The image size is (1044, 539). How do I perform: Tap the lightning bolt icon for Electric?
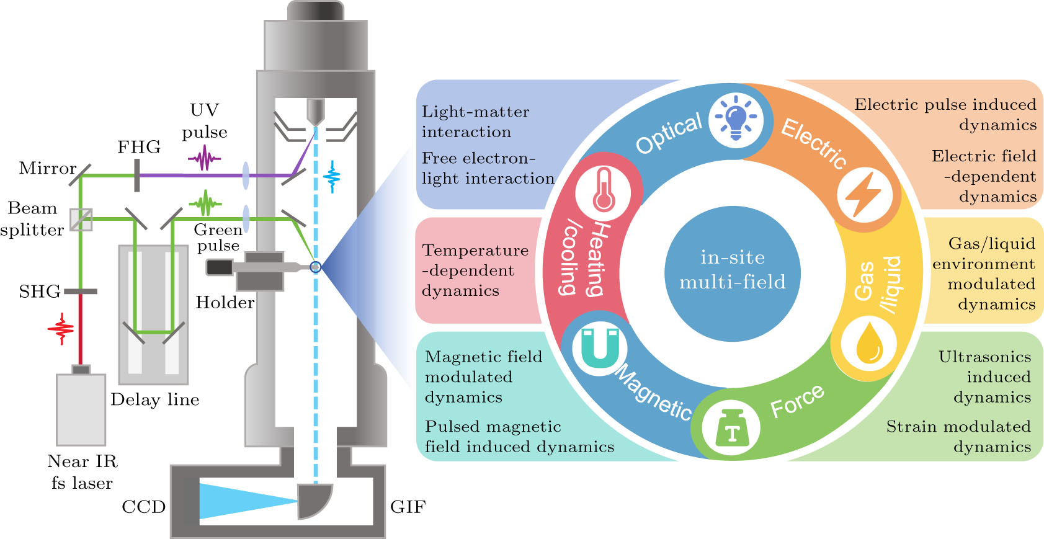click(865, 194)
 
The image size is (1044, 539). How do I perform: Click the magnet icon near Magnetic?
click(600, 347)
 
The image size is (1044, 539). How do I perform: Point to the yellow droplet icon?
click(868, 343)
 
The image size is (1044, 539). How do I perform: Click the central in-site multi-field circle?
click(732, 273)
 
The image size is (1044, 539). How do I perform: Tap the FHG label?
click(139, 147)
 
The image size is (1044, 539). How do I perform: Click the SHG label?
click(39, 291)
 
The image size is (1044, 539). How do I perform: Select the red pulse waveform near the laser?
click(61, 329)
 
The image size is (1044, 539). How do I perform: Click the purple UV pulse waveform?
click(204, 159)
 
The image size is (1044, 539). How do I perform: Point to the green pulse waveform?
click(205, 202)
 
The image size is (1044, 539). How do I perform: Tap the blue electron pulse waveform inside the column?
click(332, 177)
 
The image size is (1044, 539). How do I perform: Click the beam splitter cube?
click(81, 219)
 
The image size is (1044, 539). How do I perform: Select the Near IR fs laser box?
click(81, 409)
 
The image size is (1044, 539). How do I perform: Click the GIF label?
click(408, 507)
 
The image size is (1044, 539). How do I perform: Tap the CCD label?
click(143, 507)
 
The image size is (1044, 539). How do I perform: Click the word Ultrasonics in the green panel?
click(984, 357)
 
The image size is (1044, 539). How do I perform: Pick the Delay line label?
click(154, 399)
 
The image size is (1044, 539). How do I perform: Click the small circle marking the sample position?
click(315, 267)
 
